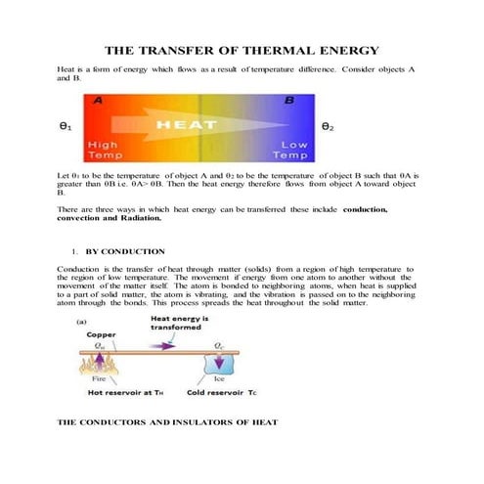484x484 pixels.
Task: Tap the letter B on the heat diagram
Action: [288, 100]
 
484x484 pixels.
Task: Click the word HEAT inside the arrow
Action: [187, 125]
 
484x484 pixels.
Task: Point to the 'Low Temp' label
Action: [290, 150]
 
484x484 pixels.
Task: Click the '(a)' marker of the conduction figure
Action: [82, 320]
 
